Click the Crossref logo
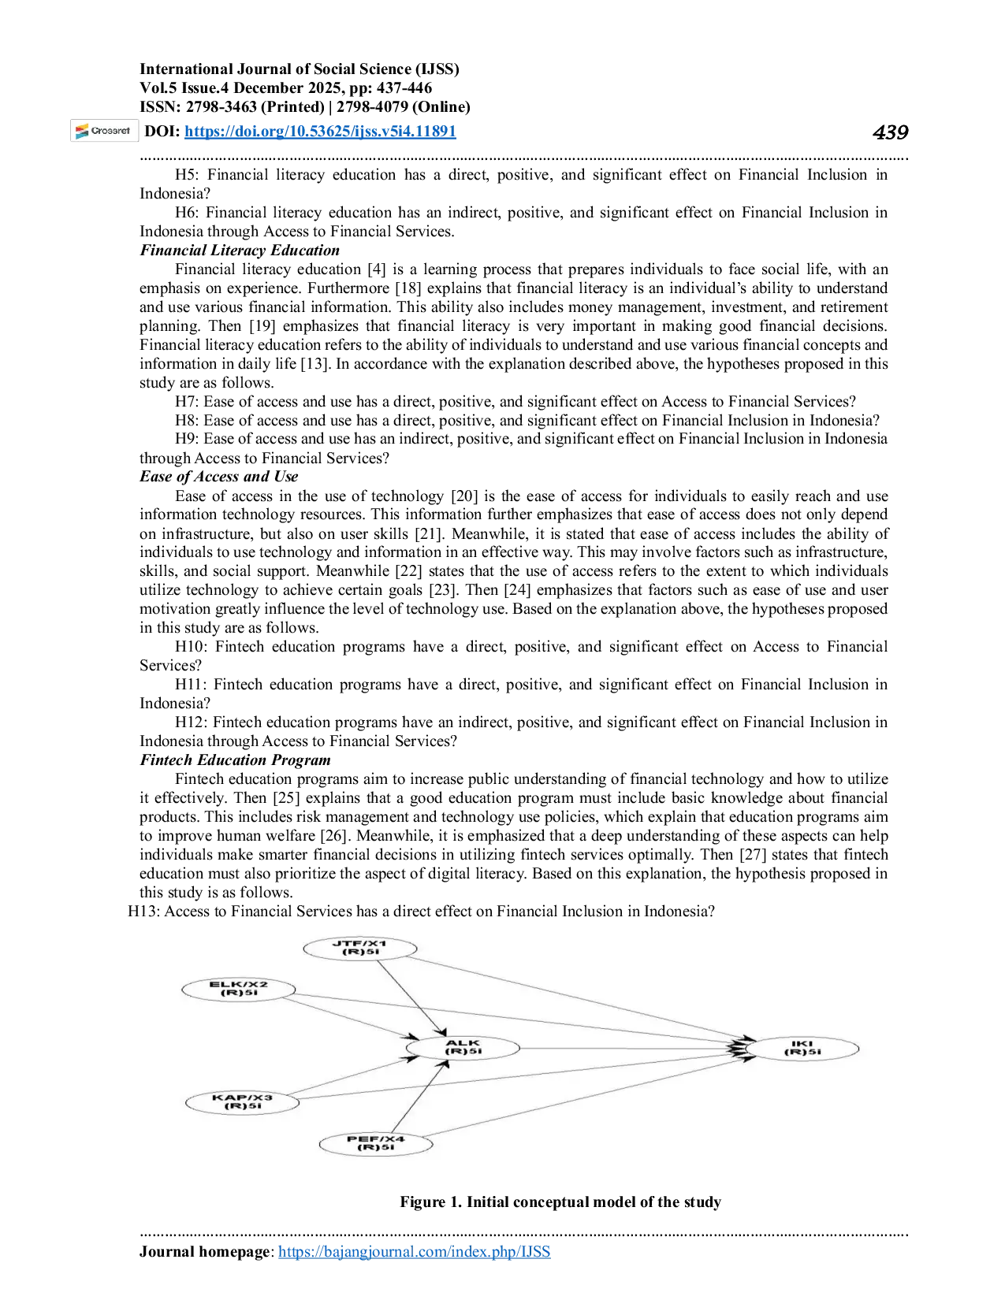pyautogui.click(x=104, y=131)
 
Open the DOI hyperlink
pyautogui.click(x=320, y=131)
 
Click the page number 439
pyautogui.click(x=890, y=132)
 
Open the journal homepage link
pyautogui.click(x=414, y=1251)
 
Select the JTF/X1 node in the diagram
pyautogui.click(x=359, y=949)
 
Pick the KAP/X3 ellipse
pyautogui.click(x=243, y=1102)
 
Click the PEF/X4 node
pyautogui.click(x=376, y=1143)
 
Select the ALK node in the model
pyautogui.click(x=463, y=1048)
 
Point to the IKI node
pyautogui.click(x=802, y=1048)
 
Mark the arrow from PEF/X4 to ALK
pyautogui.click(x=419, y=1097)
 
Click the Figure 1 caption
pyautogui.click(x=560, y=1202)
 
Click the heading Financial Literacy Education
pyautogui.click(x=240, y=250)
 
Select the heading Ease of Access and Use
pyautogui.click(x=218, y=476)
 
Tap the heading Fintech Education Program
pyautogui.click(x=235, y=760)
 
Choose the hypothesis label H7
pyautogui.click(x=185, y=402)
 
